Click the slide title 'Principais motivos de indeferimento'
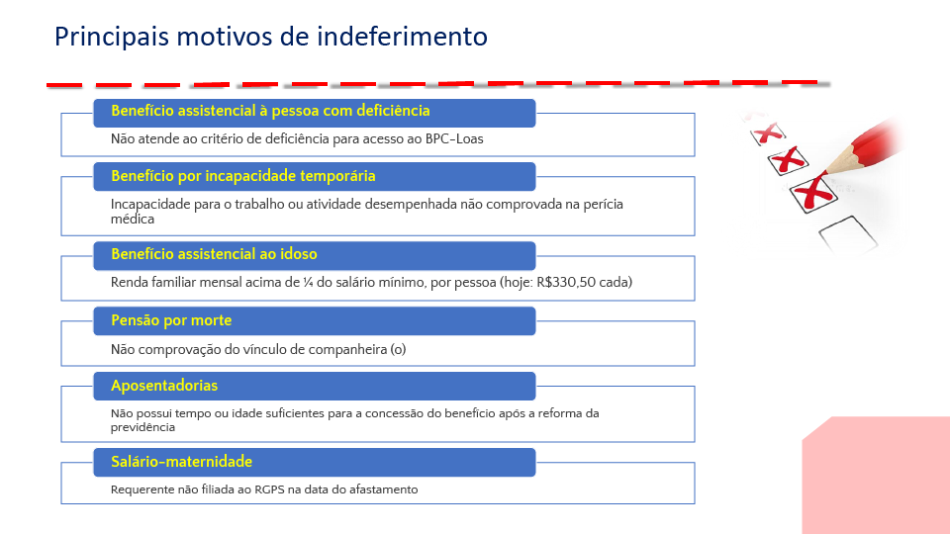(x=270, y=37)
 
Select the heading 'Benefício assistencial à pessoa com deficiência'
(x=270, y=111)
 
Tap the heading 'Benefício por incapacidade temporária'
(x=242, y=176)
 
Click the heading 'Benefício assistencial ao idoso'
(x=214, y=254)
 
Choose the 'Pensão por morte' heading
(x=171, y=320)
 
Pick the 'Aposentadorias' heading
(x=164, y=386)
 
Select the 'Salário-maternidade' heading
(x=181, y=462)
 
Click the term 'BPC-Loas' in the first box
(x=454, y=139)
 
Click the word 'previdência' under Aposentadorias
(x=142, y=427)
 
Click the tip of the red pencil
(x=827, y=169)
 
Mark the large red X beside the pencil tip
(x=810, y=192)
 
